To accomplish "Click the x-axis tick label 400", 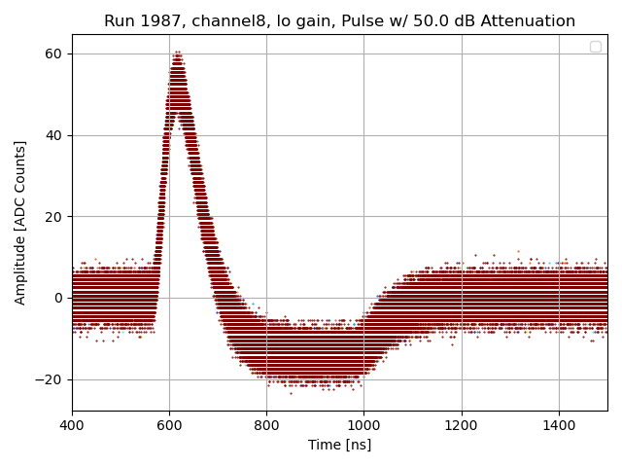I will click(72, 425).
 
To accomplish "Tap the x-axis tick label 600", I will click(169, 425).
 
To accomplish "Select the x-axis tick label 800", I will click(266, 425).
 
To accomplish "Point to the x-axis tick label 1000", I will click(363, 425).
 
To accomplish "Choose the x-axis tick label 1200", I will click(462, 425).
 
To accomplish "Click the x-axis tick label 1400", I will click(559, 425).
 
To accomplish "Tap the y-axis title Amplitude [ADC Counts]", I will click(20, 222).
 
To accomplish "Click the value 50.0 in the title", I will click(424, 21).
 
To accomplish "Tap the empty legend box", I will click(595, 47).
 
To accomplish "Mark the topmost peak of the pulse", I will click(177, 53).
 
